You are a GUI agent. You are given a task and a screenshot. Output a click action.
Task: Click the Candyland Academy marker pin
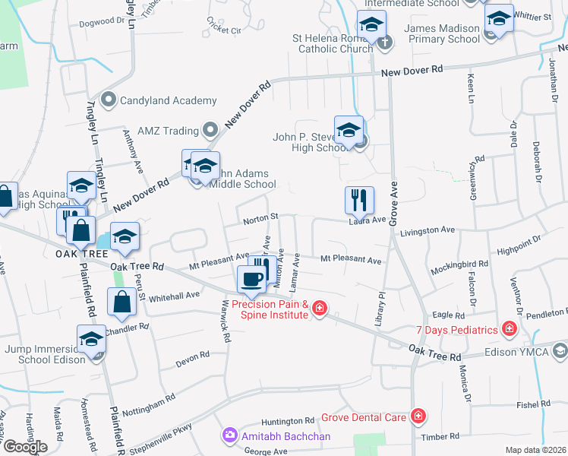pos(107,100)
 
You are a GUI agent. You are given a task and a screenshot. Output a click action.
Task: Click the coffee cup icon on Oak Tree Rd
pos(252,278)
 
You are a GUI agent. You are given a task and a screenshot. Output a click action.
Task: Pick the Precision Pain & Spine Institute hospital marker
pos(320,308)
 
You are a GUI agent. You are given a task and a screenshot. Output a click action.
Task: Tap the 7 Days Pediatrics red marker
pos(509,329)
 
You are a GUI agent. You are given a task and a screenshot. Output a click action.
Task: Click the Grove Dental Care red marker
pos(417,416)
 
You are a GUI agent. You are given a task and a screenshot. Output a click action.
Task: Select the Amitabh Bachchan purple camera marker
pos(229,435)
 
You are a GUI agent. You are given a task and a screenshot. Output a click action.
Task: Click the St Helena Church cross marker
pos(385,42)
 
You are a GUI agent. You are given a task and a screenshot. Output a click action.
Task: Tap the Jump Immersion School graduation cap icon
pos(91,338)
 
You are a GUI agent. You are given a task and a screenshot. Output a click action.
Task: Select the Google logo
pos(24,447)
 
